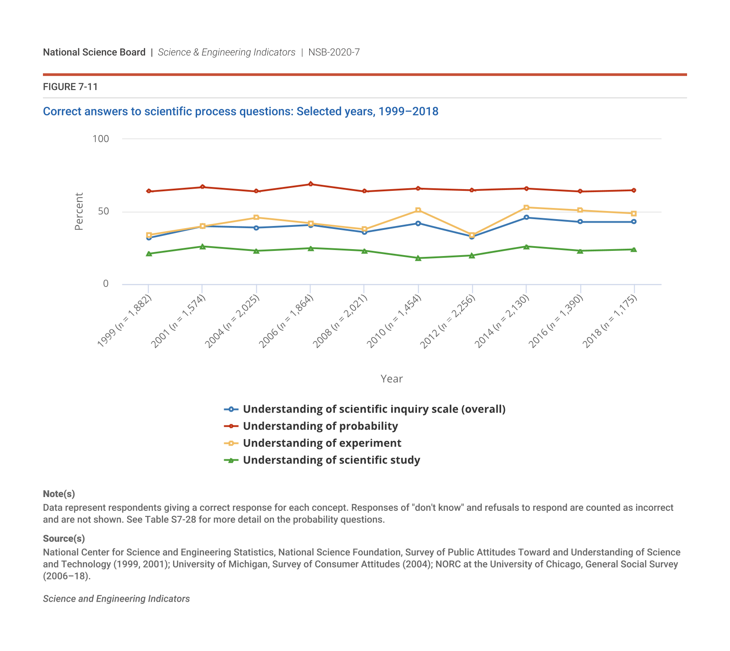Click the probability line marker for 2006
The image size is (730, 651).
(310, 184)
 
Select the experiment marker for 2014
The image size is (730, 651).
(526, 208)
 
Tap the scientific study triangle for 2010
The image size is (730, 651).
(418, 258)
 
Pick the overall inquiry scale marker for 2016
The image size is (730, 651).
(580, 222)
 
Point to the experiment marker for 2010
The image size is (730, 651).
(418, 211)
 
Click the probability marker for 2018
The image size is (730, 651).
(634, 190)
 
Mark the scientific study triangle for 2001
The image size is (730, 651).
(202, 247)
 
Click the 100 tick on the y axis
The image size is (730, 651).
(101, 139)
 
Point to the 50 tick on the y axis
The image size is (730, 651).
(103, 211)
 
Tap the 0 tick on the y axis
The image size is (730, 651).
(106, 284)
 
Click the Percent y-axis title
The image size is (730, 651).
(79, 211)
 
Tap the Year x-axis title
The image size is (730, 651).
(392, 379)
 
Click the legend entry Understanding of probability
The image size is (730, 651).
(320, 426)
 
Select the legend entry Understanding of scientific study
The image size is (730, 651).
(332, 460)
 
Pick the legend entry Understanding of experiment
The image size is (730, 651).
(322, 443)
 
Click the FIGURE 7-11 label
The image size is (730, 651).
(70, 87)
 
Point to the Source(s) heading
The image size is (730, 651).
(64, 539)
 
